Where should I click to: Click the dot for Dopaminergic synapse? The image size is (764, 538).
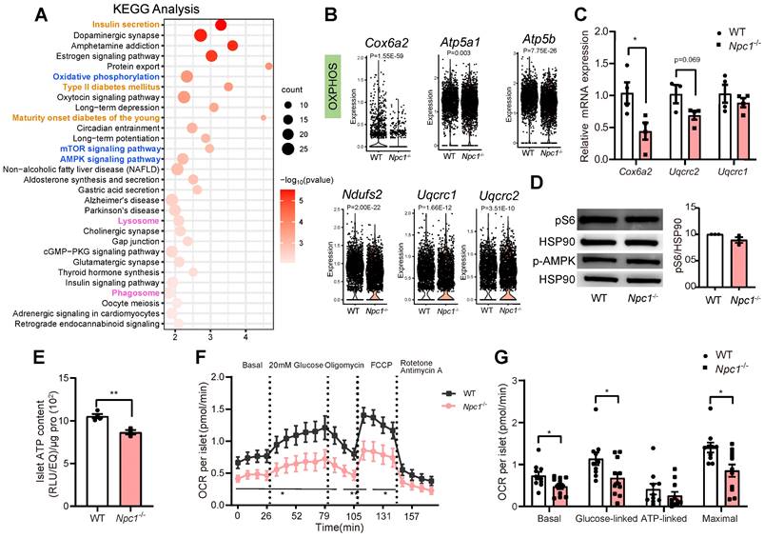(202, 36)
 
